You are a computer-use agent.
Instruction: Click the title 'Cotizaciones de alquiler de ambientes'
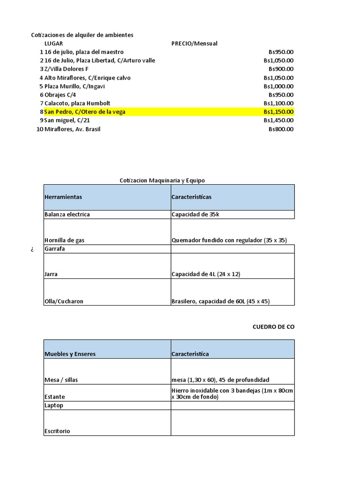coord(82,35)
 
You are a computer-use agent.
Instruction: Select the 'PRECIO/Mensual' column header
coord(195,44)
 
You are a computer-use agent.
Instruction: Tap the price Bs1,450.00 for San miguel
coord(278,120)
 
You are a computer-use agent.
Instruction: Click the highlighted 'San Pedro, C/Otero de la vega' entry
coord(85,112)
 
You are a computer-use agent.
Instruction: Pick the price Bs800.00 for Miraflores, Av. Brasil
coord(281,129)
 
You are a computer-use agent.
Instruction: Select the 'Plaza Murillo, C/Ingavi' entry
coord(75,86)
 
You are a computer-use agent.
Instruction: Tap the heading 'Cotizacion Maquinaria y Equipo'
coord(162,180)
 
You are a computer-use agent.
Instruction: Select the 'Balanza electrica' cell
coord(67,215)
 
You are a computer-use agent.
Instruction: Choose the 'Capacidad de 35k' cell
coord(195,215)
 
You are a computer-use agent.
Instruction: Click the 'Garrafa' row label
coord(55,249)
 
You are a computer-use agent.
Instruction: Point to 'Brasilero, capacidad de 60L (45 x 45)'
coord(220,301)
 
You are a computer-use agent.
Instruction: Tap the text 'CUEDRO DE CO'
coord(273,327)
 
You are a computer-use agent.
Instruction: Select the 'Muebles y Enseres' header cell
coord(70,354)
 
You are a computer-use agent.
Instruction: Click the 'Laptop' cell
coord(54,405)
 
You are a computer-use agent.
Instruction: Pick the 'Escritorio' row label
coord(57,431)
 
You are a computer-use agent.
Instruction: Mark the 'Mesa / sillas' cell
coord(61,380)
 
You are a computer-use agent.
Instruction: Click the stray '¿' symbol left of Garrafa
coord(32,249)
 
